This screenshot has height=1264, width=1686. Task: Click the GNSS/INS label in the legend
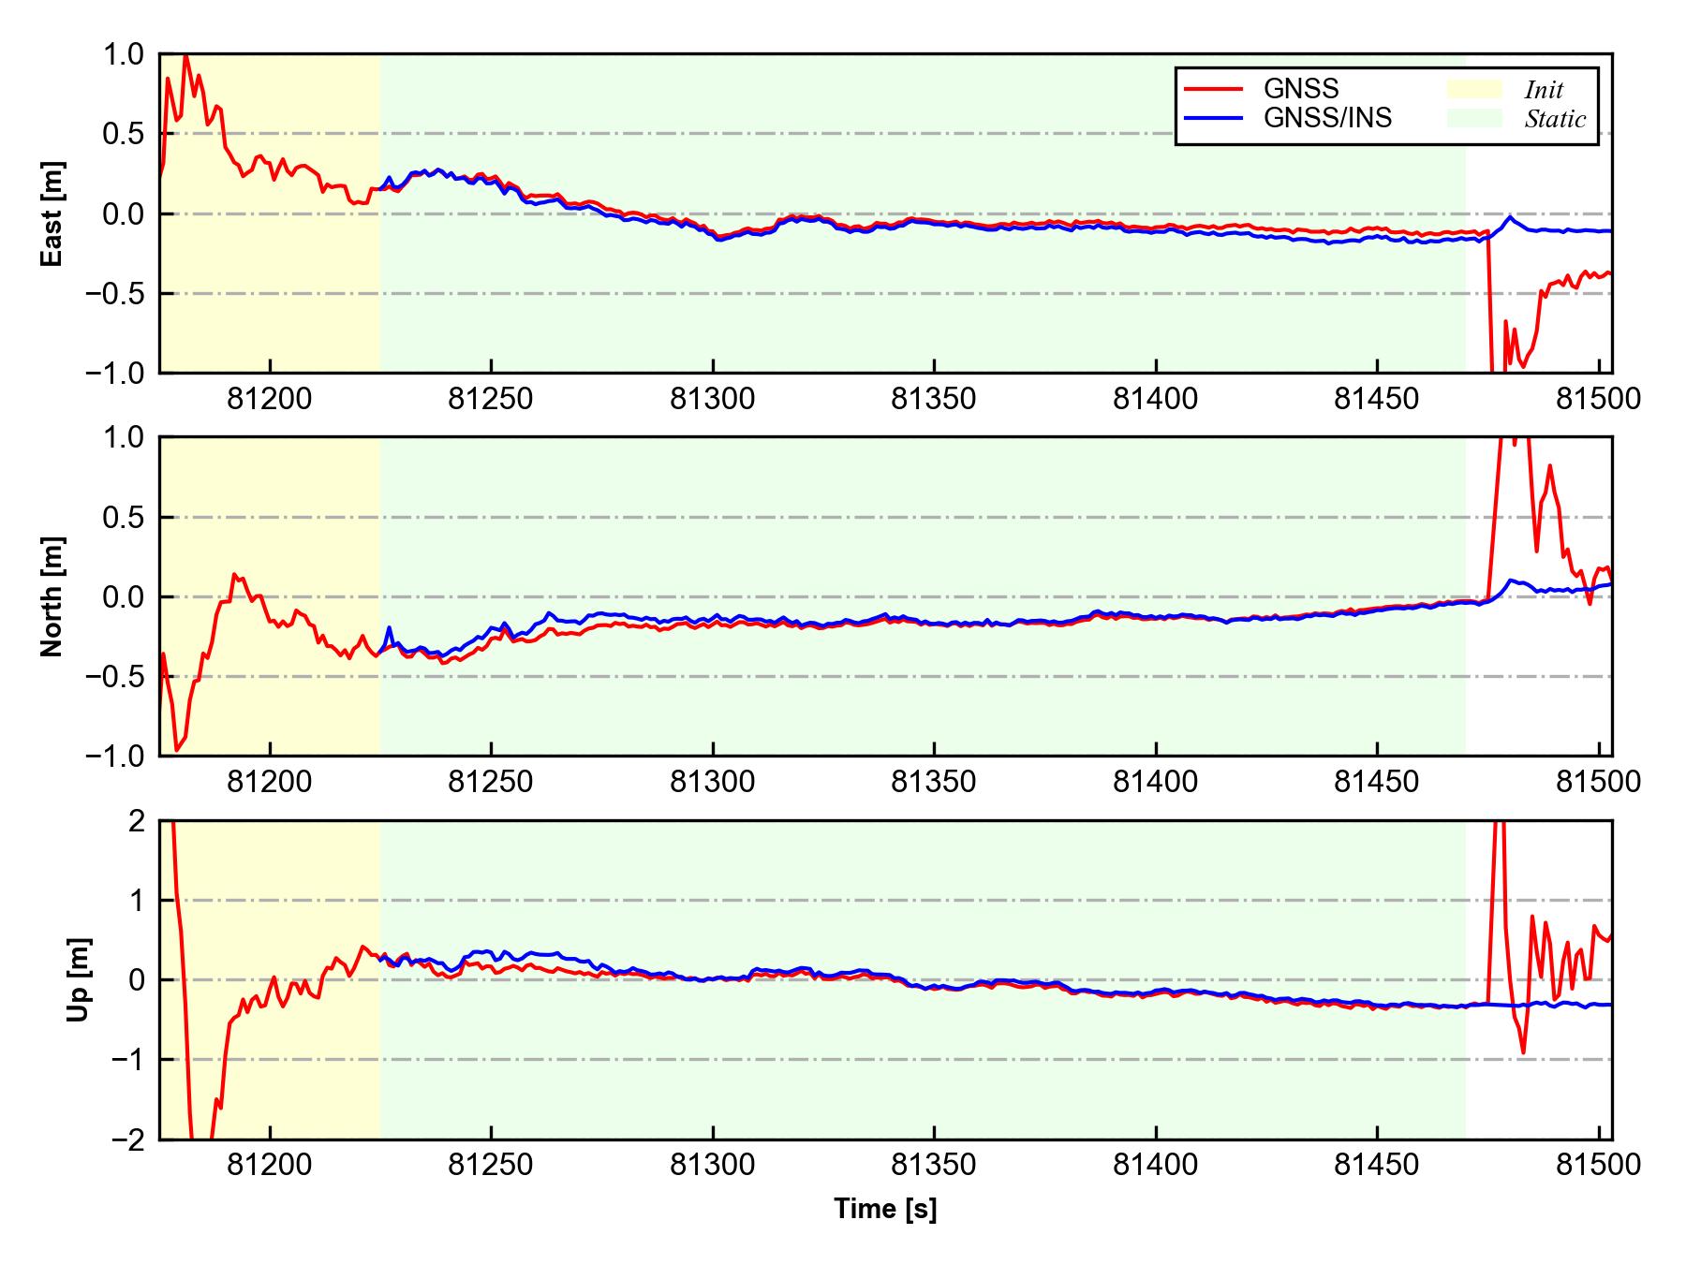click(x=1327, y=118)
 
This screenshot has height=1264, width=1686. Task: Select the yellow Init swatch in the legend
click(x=1474, y=89)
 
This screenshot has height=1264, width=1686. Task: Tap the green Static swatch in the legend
click(x=1474, y=118)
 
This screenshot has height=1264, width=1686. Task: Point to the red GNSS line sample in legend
click(x=1214, y=89)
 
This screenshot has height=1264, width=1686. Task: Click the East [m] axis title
click(x=53, y=213)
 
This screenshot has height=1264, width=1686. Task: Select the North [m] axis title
click(x=53, y=596)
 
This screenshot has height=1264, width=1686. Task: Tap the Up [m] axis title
click(x=80, y=979)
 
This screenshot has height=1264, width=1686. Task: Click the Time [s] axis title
click(x=885, y=1209)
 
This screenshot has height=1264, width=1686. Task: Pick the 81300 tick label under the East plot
click(x=712, y=400)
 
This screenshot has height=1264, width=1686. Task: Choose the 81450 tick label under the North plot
click(x=1377, y=782)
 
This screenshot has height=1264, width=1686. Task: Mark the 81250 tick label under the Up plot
click(x=491, y=1165)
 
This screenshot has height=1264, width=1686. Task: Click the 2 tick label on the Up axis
click(x=137, y=821)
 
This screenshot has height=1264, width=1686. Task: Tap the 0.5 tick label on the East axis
click(x=125, y=134)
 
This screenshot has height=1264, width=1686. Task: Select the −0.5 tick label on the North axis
click(x=115, y=676)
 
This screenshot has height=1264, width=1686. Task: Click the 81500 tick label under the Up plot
click(x=1598, y=1165)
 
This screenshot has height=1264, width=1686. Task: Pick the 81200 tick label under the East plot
click(x=270, y=400)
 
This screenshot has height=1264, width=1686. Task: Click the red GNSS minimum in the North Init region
click(x=176, y=750)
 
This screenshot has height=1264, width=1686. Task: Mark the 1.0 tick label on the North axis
click(x=125, y=437)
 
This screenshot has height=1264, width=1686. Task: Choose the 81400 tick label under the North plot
click(x=1155, y=782)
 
